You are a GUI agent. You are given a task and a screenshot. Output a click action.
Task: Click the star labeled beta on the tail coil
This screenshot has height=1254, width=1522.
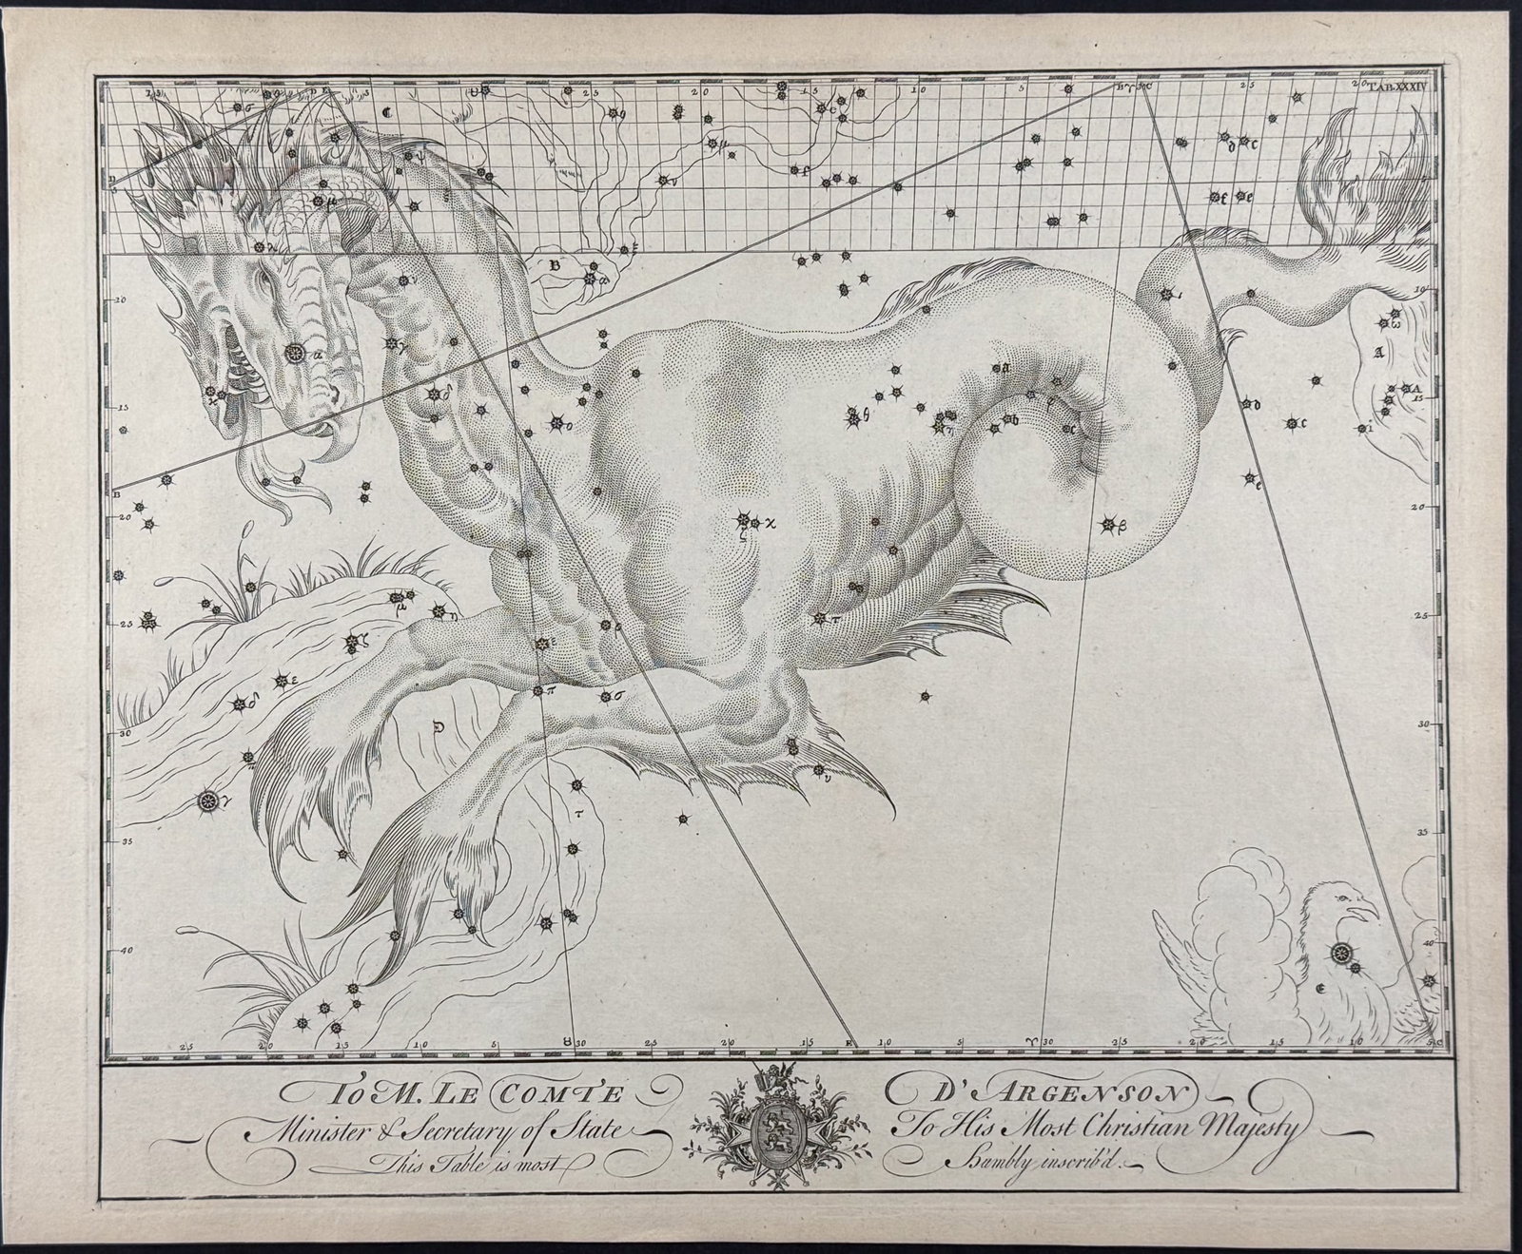click(x=1108, y=524)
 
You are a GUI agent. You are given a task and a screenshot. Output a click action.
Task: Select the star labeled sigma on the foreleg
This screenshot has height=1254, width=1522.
click(x=605, y=697)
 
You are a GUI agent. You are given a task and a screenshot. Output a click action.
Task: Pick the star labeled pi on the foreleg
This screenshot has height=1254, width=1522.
click(x=537, y=690)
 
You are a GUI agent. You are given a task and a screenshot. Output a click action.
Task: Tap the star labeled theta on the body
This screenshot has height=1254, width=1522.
click(x=855, y=414)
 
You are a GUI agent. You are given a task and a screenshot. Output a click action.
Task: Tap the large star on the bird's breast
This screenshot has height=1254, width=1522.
click(x=1340, y=950)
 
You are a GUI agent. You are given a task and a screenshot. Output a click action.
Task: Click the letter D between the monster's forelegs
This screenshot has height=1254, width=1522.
click(x=439, y=729)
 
